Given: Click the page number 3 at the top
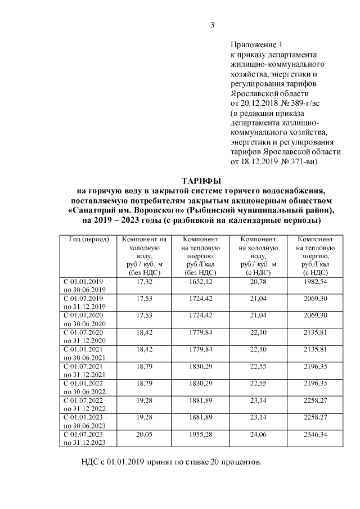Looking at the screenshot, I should pyautogui.click(x=212, y=24).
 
